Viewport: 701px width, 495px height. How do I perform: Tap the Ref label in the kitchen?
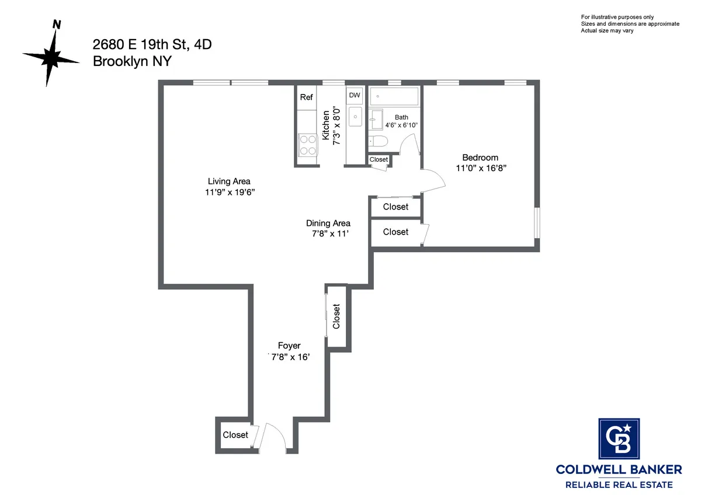pos(306,97)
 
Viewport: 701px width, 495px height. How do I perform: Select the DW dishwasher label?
pos(355,95)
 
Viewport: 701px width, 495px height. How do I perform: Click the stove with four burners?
pos(308,145)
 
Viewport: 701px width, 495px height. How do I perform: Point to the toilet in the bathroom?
pos(377,141)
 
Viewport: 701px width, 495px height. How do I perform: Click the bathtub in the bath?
pos(394,96)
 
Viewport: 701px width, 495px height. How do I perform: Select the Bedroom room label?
pos(480,157)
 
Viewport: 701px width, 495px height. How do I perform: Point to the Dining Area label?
pos(328,223)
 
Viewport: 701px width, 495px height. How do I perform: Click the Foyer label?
pos(289,346)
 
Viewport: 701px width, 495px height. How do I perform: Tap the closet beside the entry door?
pos(235,435)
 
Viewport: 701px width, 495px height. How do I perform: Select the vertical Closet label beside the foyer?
pos(336,316)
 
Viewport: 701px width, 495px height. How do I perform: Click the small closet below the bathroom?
pos(379,159)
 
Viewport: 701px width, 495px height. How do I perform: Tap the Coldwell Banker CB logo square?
pos(619,440)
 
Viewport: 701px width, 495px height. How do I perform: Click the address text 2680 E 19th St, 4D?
pos(152,44)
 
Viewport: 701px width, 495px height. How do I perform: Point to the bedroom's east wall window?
pos(536,223)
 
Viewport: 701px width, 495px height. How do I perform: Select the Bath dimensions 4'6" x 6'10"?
pos(401,125)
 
